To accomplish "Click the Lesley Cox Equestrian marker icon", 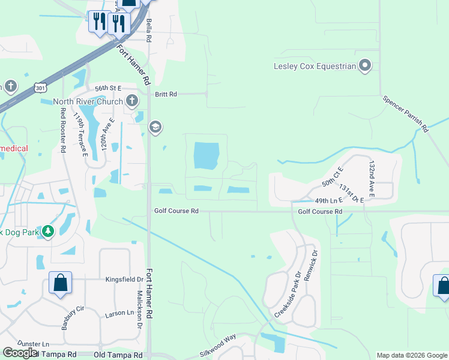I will point(365,65).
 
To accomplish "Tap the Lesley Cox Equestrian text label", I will point(315,66).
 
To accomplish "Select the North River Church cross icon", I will point(131,100).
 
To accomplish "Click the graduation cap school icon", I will point(155,127).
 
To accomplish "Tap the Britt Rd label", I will point(166,94).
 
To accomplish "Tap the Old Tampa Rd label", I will point(119,355).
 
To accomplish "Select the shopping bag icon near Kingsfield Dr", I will point(60,283).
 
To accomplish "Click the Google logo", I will point(20,353).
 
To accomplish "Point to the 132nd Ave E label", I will point(372,178).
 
